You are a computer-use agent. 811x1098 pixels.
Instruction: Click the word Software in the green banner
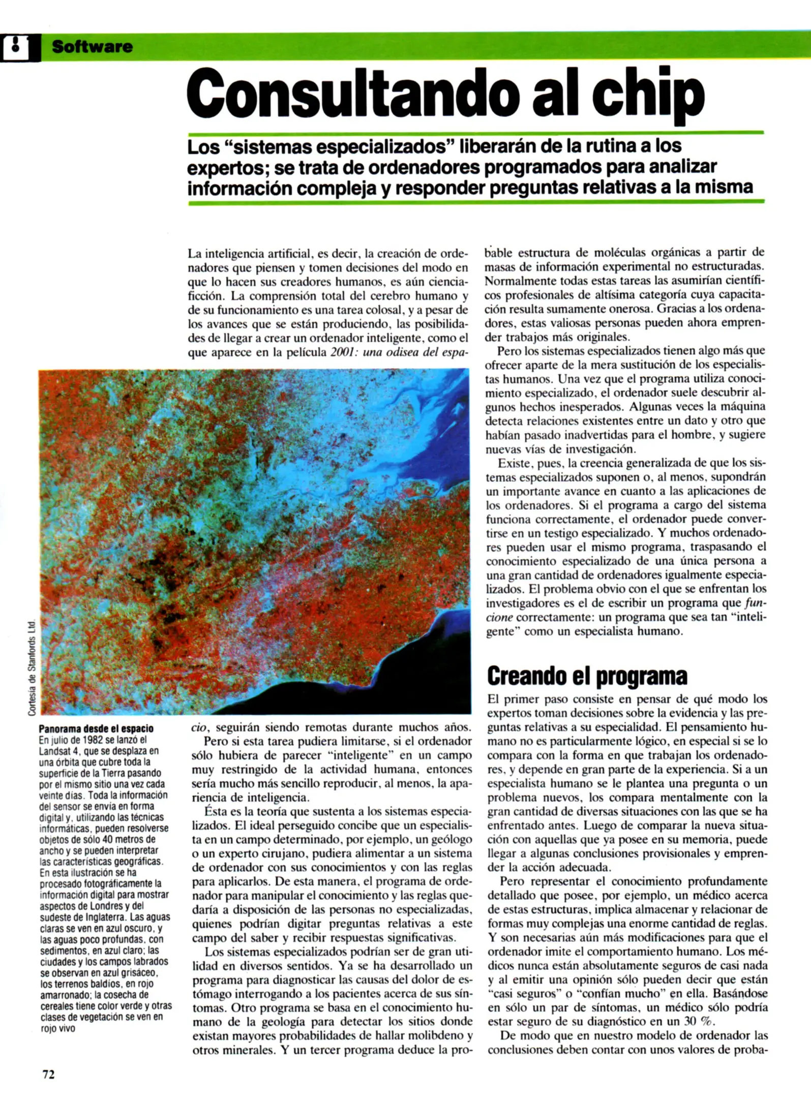point(92,47)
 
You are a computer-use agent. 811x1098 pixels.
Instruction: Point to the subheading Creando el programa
point(587,676)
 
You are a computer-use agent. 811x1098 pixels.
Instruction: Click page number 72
point(48,1074)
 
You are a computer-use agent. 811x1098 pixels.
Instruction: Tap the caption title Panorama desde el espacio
point(96,729)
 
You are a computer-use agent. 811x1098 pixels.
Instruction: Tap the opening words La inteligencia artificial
point(249,253)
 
